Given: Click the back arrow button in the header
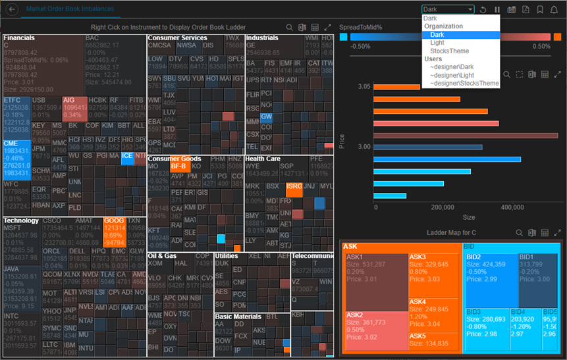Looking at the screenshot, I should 12,10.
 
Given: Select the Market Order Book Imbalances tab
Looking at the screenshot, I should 70,9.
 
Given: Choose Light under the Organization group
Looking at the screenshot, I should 437,43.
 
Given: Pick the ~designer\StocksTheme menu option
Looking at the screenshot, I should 464,84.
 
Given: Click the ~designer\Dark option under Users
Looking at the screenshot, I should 452,67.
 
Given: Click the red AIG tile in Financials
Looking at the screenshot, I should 74,107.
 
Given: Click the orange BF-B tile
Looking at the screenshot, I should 179,167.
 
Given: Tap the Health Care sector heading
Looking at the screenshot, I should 263,159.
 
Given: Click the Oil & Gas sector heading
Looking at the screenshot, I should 161,255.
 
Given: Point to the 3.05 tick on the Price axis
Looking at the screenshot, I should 364,86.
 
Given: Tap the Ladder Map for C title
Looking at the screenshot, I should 451,232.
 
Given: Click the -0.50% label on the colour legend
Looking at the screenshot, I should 360,47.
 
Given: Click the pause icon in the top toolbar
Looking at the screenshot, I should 497,10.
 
